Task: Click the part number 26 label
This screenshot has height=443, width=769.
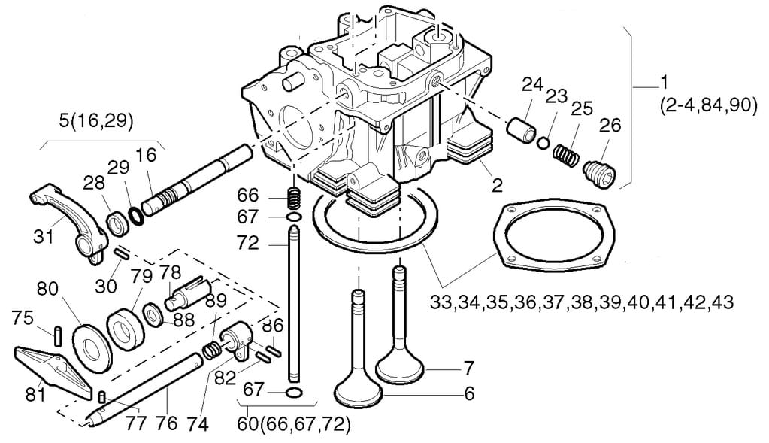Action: tap(610, 126)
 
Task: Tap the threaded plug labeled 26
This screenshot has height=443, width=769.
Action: tap(600, 174)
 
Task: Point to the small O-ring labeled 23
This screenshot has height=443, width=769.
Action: tap(543, 143)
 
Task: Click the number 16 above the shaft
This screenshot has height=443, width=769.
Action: tap(146, 155)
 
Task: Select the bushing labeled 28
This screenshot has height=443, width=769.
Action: tap(118, 222)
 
